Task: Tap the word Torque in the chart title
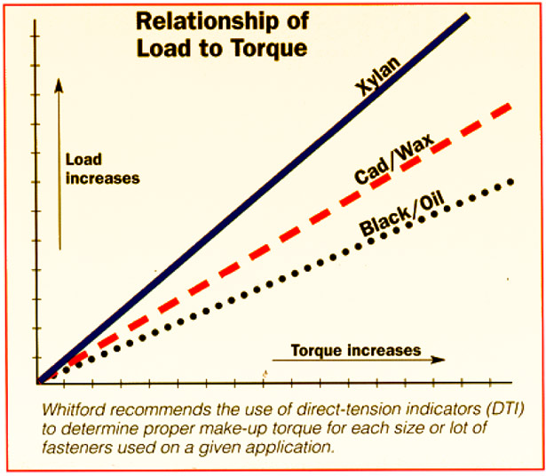coord(266,48)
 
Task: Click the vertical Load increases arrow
coord(58,160)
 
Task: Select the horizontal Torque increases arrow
coord(355,361)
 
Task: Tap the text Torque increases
coord(355,349)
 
